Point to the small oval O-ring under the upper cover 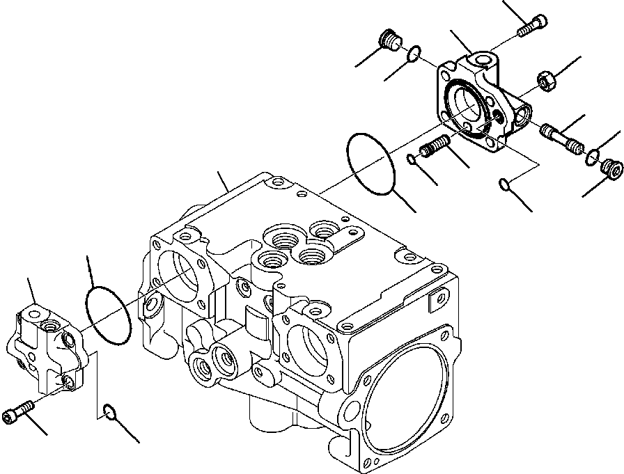point(506,184)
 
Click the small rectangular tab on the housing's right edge point(438,300)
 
